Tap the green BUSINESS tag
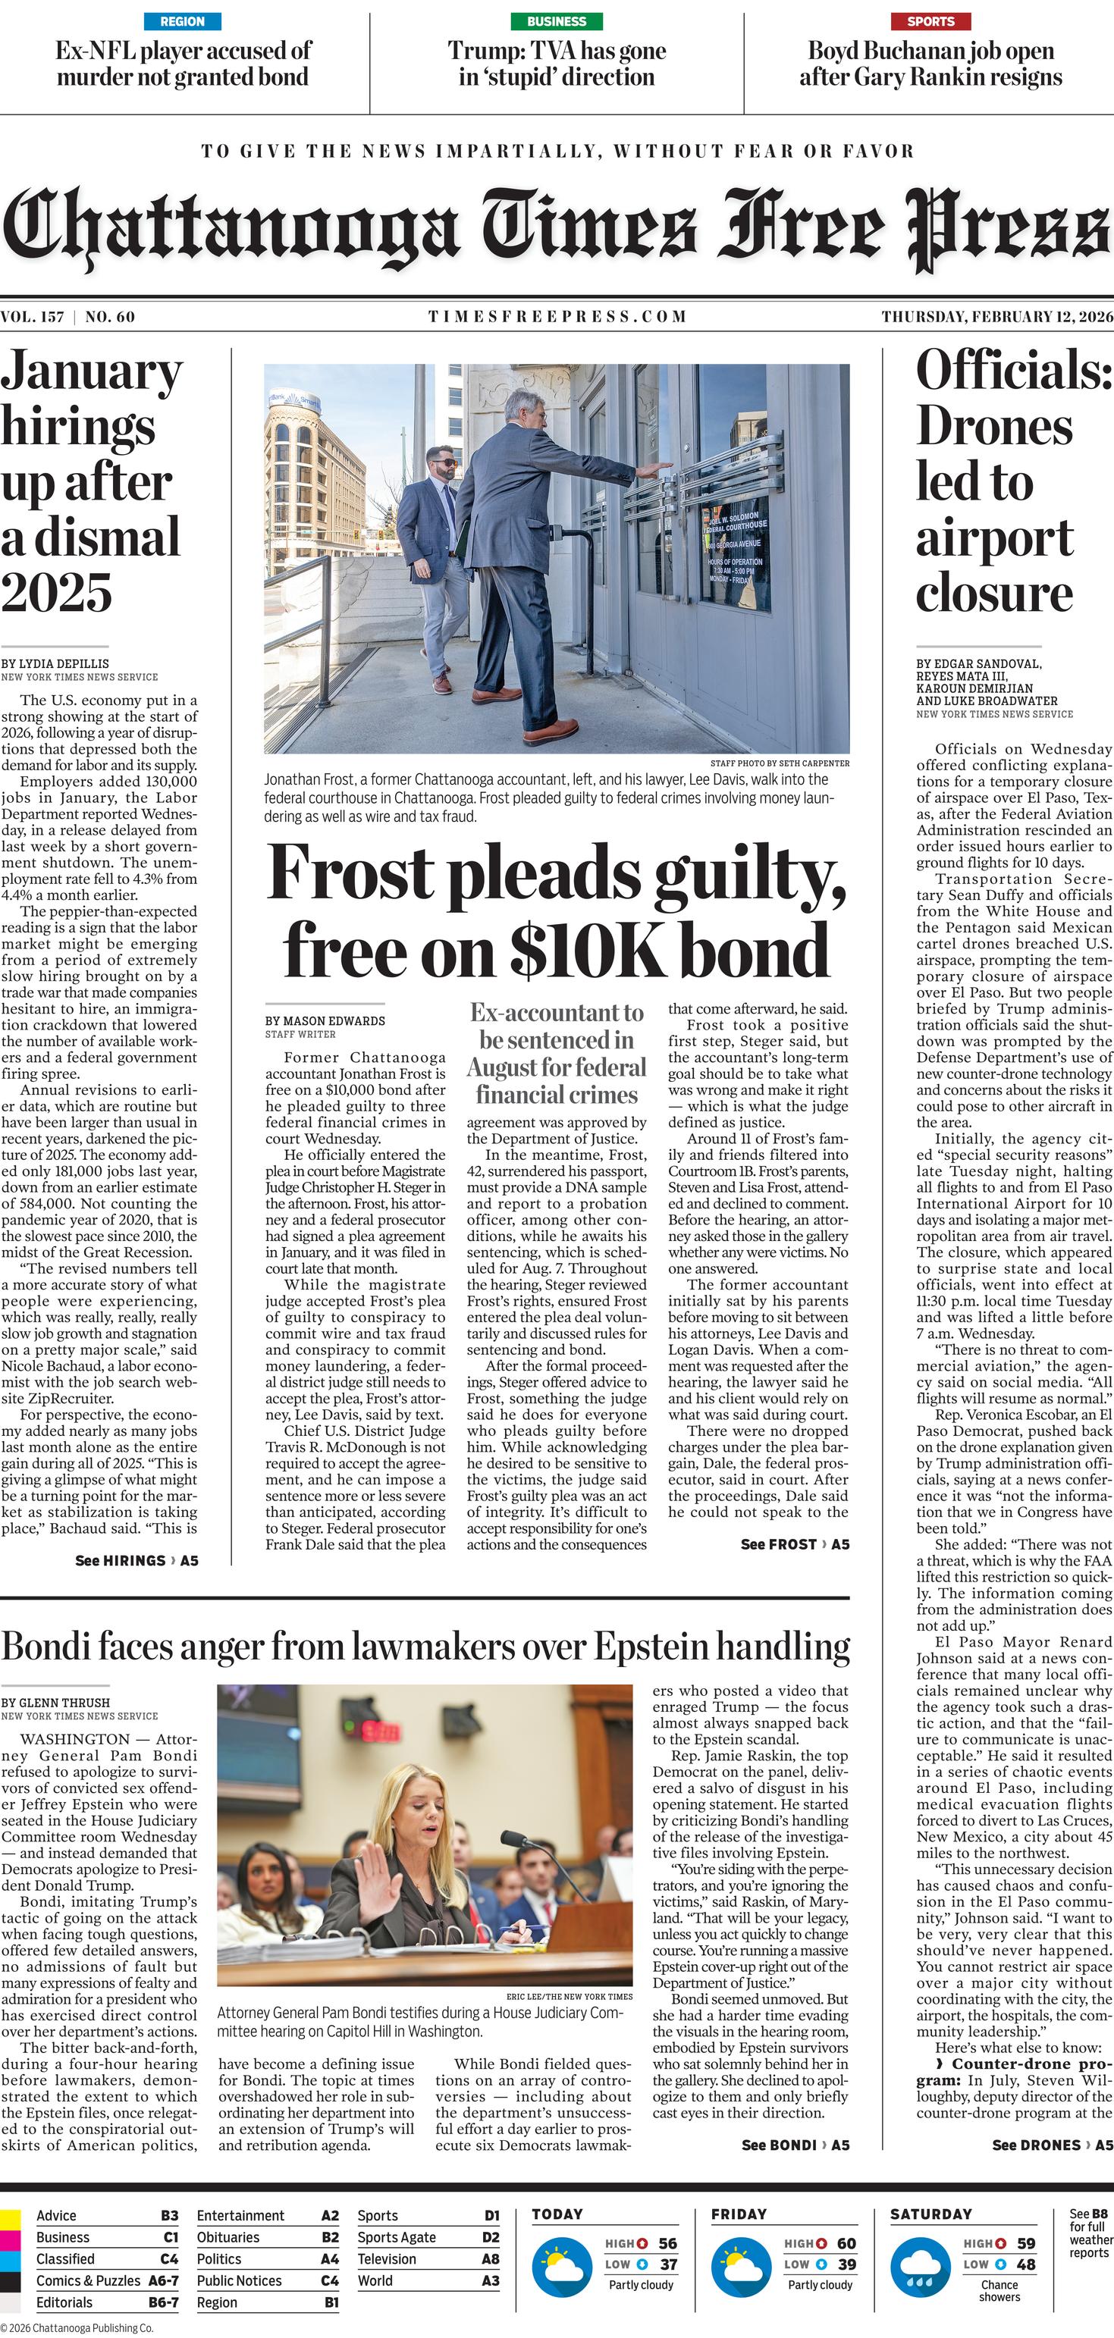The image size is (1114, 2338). [557, 21]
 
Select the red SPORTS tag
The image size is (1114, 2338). [930, 21]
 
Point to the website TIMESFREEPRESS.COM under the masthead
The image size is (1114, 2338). [557, 317]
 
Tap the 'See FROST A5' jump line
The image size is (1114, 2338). [795, 1544]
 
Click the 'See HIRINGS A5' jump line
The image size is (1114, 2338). [137, 1560]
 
